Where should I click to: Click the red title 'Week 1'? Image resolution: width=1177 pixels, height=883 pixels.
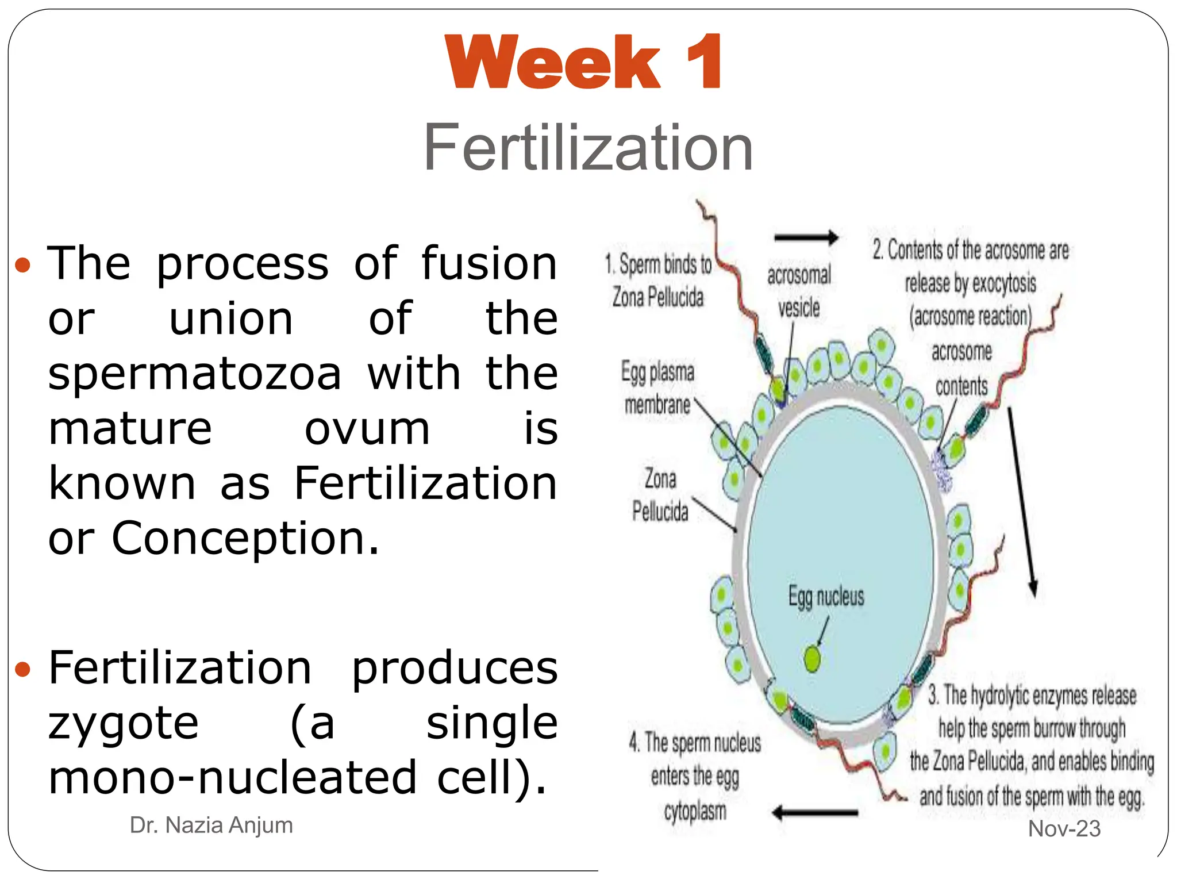(583, 62)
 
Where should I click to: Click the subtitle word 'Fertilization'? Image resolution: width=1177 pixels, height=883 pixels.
(588, 148)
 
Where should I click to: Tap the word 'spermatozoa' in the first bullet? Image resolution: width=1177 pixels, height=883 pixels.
(195, 374)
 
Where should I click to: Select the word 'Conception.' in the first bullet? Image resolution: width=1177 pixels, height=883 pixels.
(245, 539)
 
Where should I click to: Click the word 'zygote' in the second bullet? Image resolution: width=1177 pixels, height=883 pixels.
(124, 723)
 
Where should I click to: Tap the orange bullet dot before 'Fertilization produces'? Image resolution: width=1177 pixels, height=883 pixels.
(22, 669)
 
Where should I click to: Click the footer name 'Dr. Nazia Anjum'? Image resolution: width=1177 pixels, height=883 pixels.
(211, 825)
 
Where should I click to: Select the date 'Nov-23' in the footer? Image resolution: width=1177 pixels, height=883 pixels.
(1064, 828)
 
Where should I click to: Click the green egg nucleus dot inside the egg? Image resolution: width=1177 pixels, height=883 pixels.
(812, 659)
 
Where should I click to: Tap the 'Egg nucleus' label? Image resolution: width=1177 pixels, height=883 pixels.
(826, 596)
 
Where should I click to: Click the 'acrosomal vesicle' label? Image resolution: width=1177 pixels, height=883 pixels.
(799, 291)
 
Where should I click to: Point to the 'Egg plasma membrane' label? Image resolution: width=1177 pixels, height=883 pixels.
(657, 388)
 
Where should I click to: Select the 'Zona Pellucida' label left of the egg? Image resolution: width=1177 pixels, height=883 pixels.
(660, 494)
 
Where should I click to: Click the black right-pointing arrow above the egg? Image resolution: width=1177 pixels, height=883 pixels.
(806, 237)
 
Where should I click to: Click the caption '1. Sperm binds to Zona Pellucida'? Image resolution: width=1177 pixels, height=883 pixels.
(658, 281)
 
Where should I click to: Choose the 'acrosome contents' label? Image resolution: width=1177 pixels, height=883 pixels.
(961, 368)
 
